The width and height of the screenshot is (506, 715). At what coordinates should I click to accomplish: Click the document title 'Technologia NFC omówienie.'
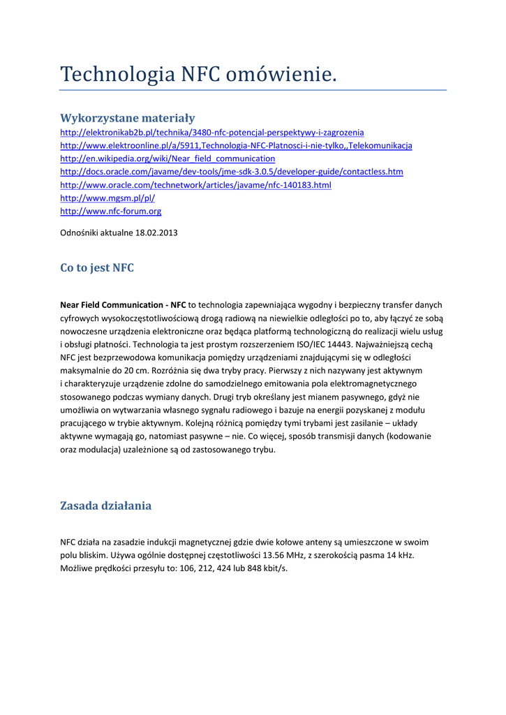pyautogui.click(x=198, y=74)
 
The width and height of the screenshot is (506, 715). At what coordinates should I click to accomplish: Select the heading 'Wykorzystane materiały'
pyautogui.click(x=128, y=118)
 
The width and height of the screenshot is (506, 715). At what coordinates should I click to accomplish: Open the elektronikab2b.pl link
pyautogui.click(x=212, y=132)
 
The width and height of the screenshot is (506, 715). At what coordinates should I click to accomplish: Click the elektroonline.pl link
pyautogui.click(x=236, y=145)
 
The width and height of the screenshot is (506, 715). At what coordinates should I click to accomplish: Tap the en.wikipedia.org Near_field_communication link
pyautogui.click(x=168, y=159)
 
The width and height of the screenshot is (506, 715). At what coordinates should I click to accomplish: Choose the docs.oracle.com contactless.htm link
pyautogui.click(x=232, y=172)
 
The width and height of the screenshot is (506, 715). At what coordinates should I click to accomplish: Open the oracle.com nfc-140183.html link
pyautogui.click(x=195, y=185)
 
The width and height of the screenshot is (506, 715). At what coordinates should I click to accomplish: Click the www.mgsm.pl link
pyautogui.click(x=107, y=198)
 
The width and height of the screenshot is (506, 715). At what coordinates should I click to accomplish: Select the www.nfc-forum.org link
pyautogui.click(x=111, y=211)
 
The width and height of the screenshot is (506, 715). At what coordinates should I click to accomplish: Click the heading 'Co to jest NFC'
pyautogui.click(x=97, y=268)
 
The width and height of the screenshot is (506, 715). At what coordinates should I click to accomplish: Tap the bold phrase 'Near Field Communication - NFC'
pyautogui.click(x=124, y=305)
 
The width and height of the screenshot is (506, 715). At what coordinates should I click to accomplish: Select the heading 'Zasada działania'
pyautogui.click(x=105, y=506)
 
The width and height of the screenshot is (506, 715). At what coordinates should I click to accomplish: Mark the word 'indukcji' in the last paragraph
pyautogui.click(x=155, y=542)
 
